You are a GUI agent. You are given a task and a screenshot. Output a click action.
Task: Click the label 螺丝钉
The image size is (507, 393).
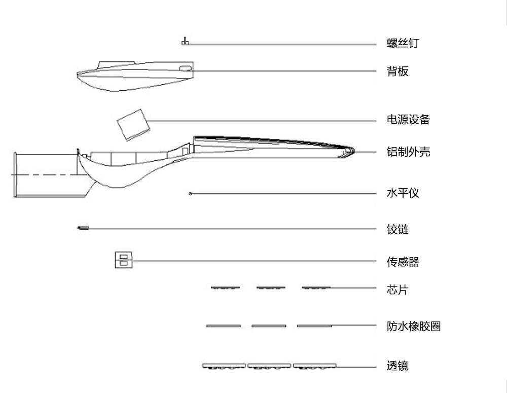point(403,43)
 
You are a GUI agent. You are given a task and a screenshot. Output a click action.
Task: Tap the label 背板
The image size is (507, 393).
point(397,71)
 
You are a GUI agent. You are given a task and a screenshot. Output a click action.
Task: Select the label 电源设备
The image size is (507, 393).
point(408,119)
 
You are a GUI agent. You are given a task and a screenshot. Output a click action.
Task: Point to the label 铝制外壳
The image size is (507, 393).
point(408,152)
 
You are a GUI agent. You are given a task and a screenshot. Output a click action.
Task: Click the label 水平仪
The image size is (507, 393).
point(403,193)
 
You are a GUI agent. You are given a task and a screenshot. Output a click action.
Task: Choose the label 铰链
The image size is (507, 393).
point(397,229)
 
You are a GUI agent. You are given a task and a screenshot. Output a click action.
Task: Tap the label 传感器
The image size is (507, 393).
point(403,261)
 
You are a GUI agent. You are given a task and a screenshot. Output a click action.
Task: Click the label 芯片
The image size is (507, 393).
point(397,290)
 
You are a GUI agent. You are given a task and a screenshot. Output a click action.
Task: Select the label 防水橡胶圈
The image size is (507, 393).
point(414,326)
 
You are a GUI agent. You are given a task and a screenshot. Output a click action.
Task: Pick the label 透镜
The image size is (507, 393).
point(397,366)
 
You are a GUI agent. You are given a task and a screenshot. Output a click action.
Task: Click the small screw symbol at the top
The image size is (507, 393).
point(185,42)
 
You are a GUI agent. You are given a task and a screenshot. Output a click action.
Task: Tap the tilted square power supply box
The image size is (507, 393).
point(133,125)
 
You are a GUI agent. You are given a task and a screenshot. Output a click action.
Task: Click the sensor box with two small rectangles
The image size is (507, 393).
point(124,260)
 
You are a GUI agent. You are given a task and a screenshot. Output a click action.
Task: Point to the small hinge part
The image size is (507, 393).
point(83,228)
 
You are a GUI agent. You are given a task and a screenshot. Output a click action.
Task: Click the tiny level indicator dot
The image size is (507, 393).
point(190,193)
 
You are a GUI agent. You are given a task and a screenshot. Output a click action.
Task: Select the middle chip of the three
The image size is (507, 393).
point(271,287)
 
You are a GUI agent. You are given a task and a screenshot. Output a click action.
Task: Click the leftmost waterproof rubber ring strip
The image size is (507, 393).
point(223,326)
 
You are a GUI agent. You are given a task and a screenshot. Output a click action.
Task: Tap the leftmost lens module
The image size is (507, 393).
point(224,366)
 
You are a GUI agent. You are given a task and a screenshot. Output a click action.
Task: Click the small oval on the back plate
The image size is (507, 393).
point(185,68)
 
